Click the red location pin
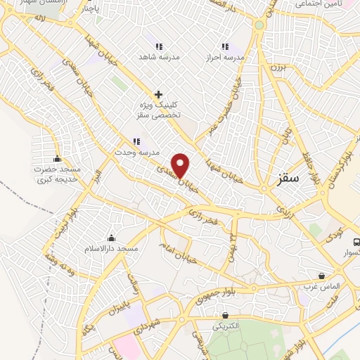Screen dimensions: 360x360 click(181, 165)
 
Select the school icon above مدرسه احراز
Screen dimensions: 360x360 click(225, 46)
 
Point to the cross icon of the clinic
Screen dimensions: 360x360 click(158, 94)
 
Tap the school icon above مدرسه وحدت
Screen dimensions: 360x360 click(136, 141)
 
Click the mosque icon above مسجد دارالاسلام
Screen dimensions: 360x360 click(111, 238)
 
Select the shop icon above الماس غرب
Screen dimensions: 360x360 click(322, 276)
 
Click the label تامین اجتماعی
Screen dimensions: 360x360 click(318, 4)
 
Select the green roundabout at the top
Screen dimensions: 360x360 click(259, 25)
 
